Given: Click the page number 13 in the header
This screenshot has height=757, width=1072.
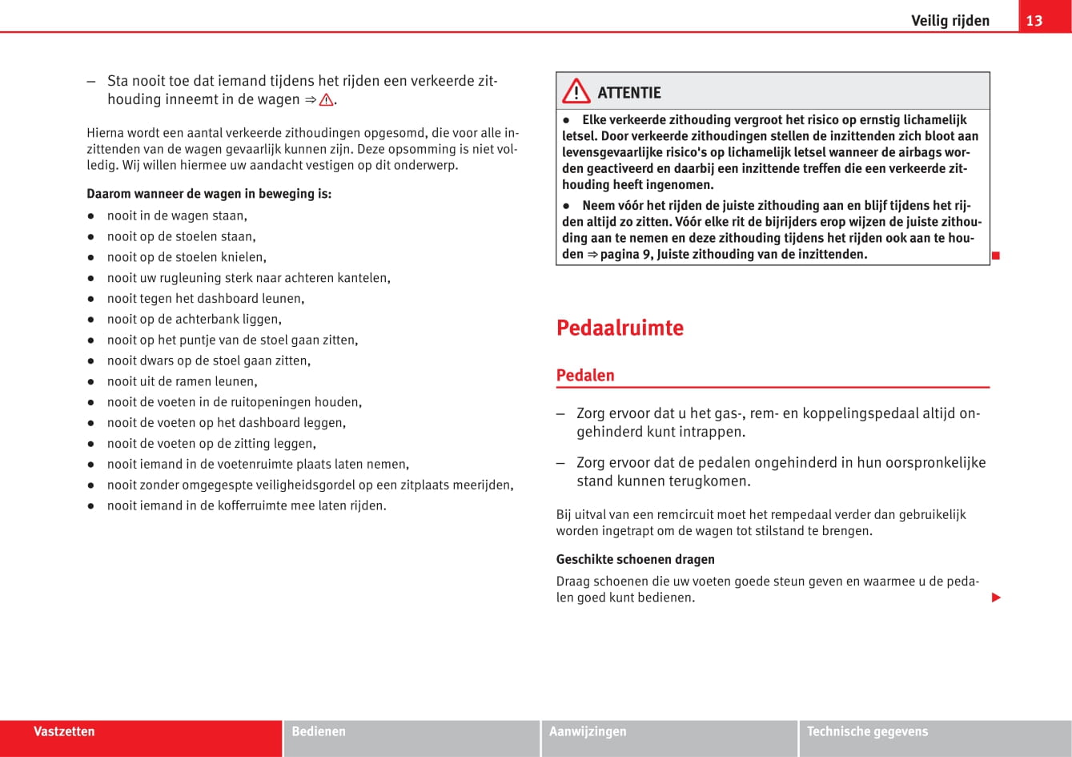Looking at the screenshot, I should pos(1034,21).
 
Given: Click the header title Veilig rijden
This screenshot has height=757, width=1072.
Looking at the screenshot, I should pos(950,21).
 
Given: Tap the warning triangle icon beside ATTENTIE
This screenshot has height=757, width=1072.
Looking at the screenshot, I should pos(576,93).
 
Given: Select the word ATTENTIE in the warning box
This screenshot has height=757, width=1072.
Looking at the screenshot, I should pos(629,93).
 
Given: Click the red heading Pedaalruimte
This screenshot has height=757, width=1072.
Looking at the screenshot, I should pos(620,328).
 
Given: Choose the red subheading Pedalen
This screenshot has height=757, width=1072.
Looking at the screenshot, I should pos(585,375).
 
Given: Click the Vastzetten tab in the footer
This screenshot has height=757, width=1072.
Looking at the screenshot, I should pos(64,731).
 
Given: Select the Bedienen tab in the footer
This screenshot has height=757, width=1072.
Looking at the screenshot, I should pos(319,731).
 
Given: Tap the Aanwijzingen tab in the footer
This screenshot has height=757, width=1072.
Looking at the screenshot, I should pos(588,731).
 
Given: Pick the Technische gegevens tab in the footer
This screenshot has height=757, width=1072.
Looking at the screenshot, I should pos(867,731).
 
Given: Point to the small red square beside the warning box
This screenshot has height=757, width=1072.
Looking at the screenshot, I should pos(996,256).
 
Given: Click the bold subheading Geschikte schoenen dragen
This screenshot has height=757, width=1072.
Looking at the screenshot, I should pos(635,559).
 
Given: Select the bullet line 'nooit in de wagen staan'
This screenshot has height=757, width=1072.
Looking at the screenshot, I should pos(177,215).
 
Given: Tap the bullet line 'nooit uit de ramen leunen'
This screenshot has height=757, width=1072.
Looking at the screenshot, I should pos(182,381).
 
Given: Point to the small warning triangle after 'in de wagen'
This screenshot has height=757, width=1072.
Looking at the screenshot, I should pos(326,100).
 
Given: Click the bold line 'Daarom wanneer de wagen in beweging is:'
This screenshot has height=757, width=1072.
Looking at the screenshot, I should pos(208,194).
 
